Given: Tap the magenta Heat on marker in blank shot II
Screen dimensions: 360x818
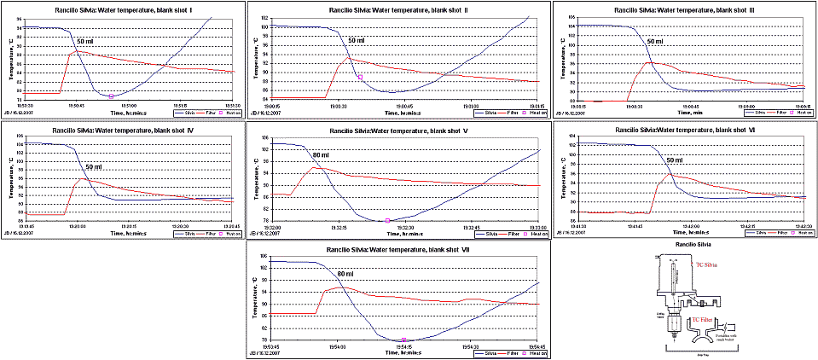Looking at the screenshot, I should (360, 78).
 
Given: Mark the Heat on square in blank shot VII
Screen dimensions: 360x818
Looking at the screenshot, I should (403, 340).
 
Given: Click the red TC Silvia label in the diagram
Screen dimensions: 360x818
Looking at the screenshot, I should (707, 265).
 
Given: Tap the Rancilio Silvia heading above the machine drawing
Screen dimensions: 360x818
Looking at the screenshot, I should (687, 244).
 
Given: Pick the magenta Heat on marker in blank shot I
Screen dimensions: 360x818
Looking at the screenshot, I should (111, 96).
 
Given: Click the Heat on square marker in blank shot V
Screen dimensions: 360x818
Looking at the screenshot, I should (387, 220).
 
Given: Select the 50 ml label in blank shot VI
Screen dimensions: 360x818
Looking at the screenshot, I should (675, 160).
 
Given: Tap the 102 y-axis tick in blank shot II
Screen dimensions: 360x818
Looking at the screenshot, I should (264, 18).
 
